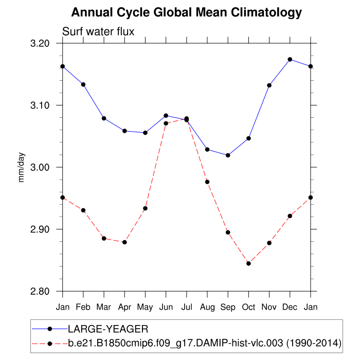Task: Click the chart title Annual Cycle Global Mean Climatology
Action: coord(186,12)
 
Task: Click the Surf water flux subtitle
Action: coord(98,32)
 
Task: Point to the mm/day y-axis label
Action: coord(22,167)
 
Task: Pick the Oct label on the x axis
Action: coord(248,307)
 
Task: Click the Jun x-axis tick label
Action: coord(166,307)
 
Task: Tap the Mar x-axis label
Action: coord(104,307)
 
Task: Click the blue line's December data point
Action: coord(290,60)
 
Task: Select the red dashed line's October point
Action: coord(248,263)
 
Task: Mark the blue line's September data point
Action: coord(228,155)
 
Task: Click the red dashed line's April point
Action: coord(124,242)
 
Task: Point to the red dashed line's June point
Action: coord(166,123)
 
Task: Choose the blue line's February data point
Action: coord(83,84)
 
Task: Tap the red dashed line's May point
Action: coord(145,208)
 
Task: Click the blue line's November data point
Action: coord(269,85)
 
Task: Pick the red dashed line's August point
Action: coord(207,182)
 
